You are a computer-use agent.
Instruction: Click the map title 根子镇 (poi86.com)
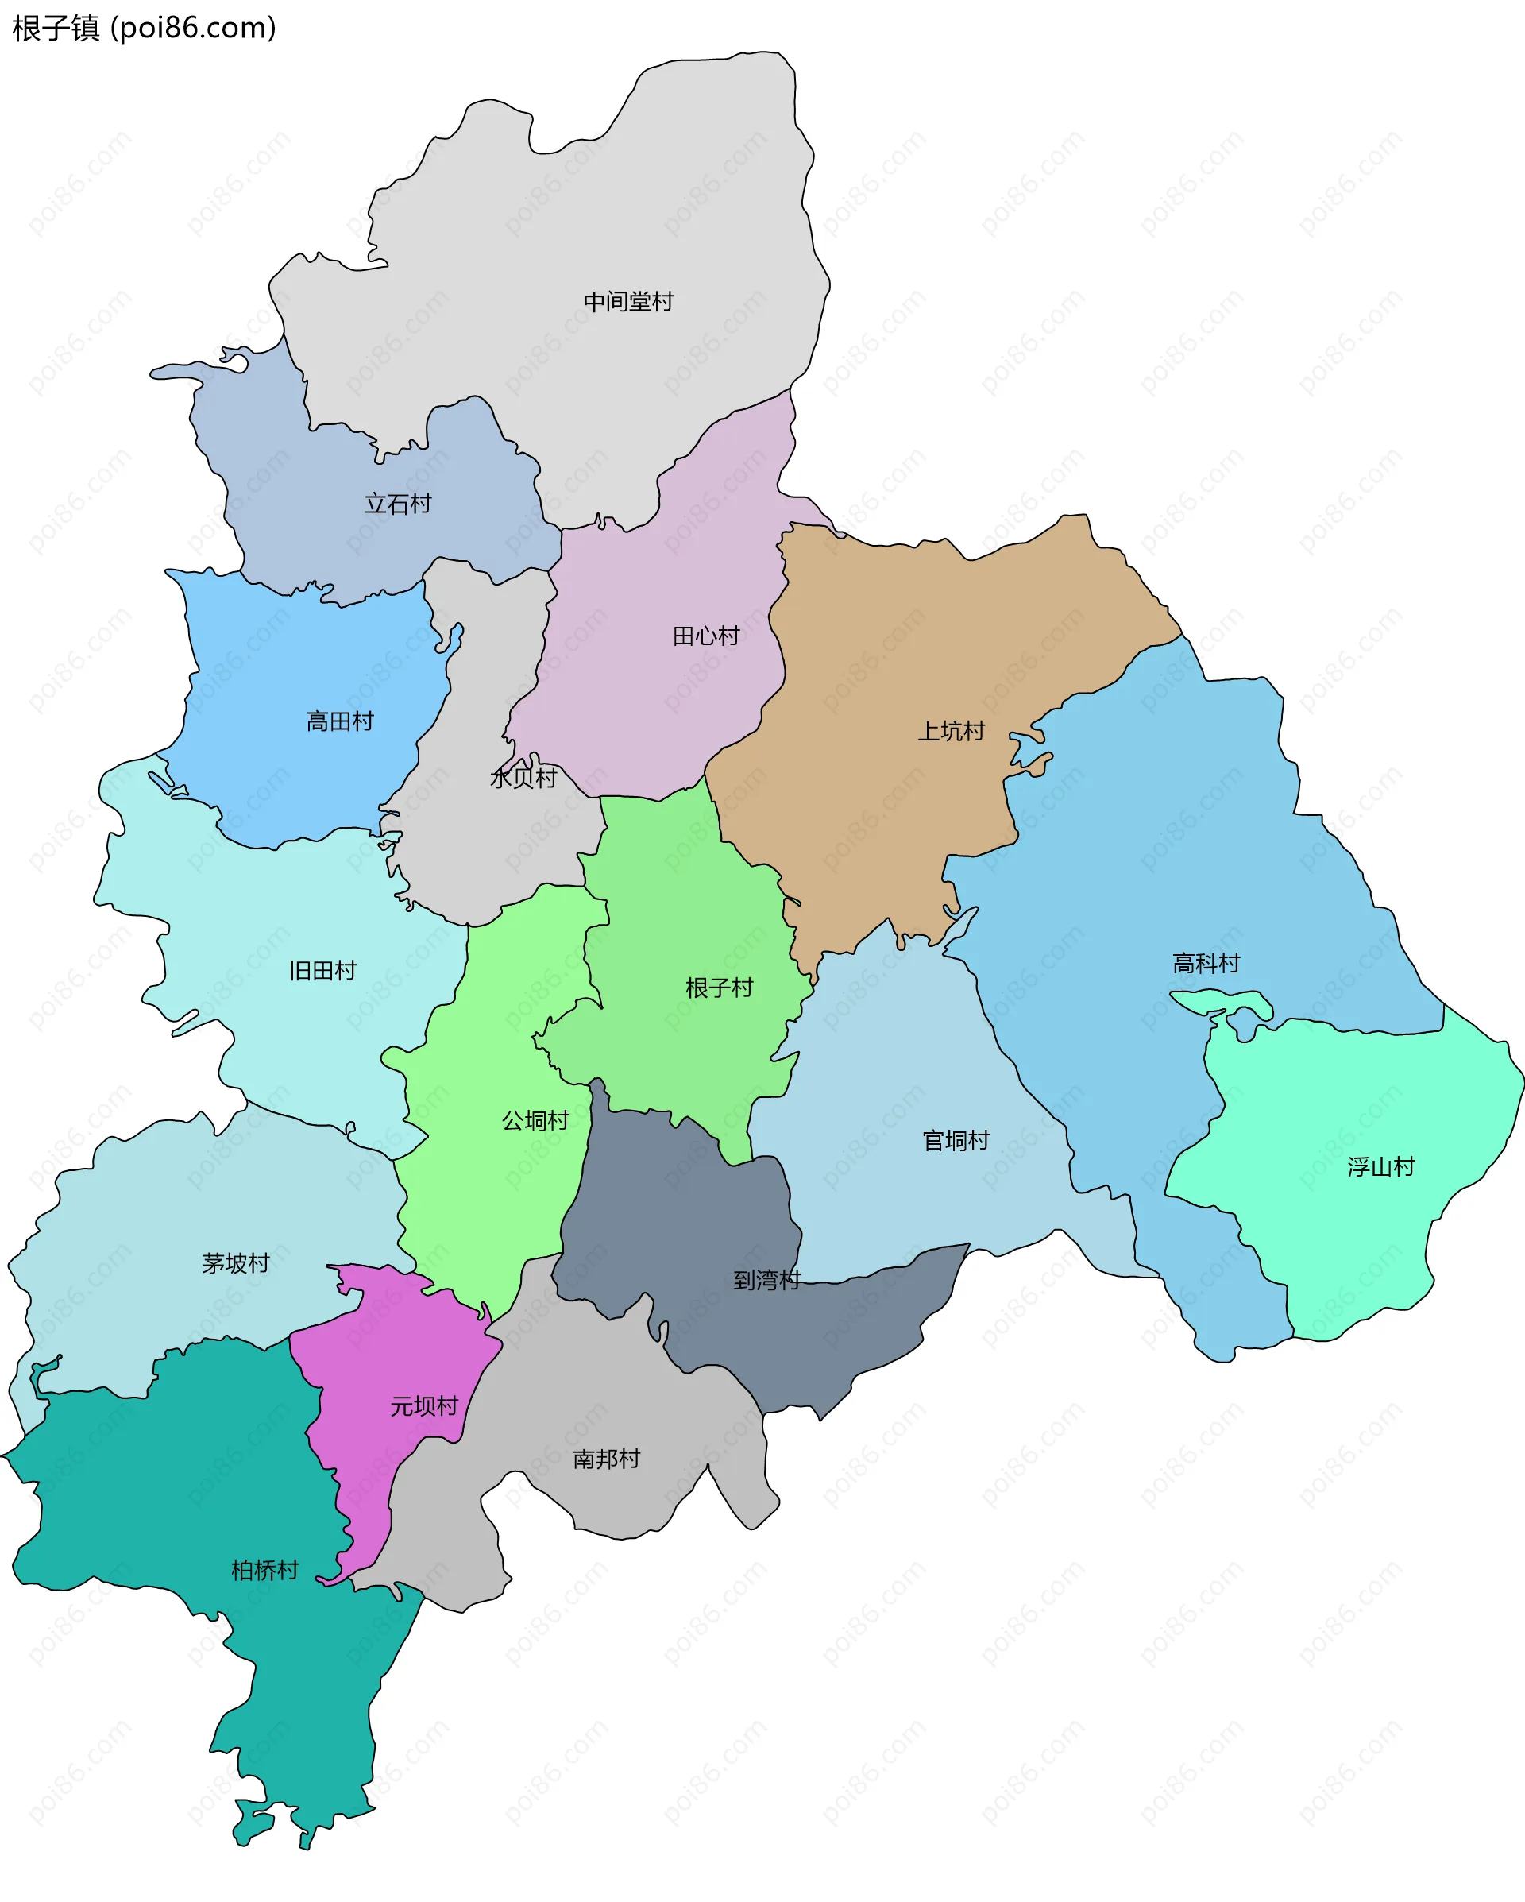144,29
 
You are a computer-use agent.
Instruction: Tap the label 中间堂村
628,302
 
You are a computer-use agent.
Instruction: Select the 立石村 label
398,504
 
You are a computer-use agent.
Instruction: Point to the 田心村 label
705,636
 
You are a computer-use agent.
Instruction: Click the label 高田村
340,721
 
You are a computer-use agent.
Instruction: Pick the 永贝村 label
523,778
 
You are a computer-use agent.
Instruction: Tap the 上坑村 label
951,732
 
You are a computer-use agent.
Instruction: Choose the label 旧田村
322,972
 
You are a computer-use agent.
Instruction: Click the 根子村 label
719,988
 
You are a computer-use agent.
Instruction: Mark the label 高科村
1206,964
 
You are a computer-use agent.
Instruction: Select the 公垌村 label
535,1121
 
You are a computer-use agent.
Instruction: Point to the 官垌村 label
956,1142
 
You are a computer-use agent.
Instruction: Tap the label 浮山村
1380,1168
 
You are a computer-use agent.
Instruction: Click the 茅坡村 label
235,1264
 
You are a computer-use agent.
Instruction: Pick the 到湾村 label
766,1280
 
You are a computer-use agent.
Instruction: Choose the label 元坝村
424,1407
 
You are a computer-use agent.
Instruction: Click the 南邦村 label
606,1460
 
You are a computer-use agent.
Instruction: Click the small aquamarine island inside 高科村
1222,1002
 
